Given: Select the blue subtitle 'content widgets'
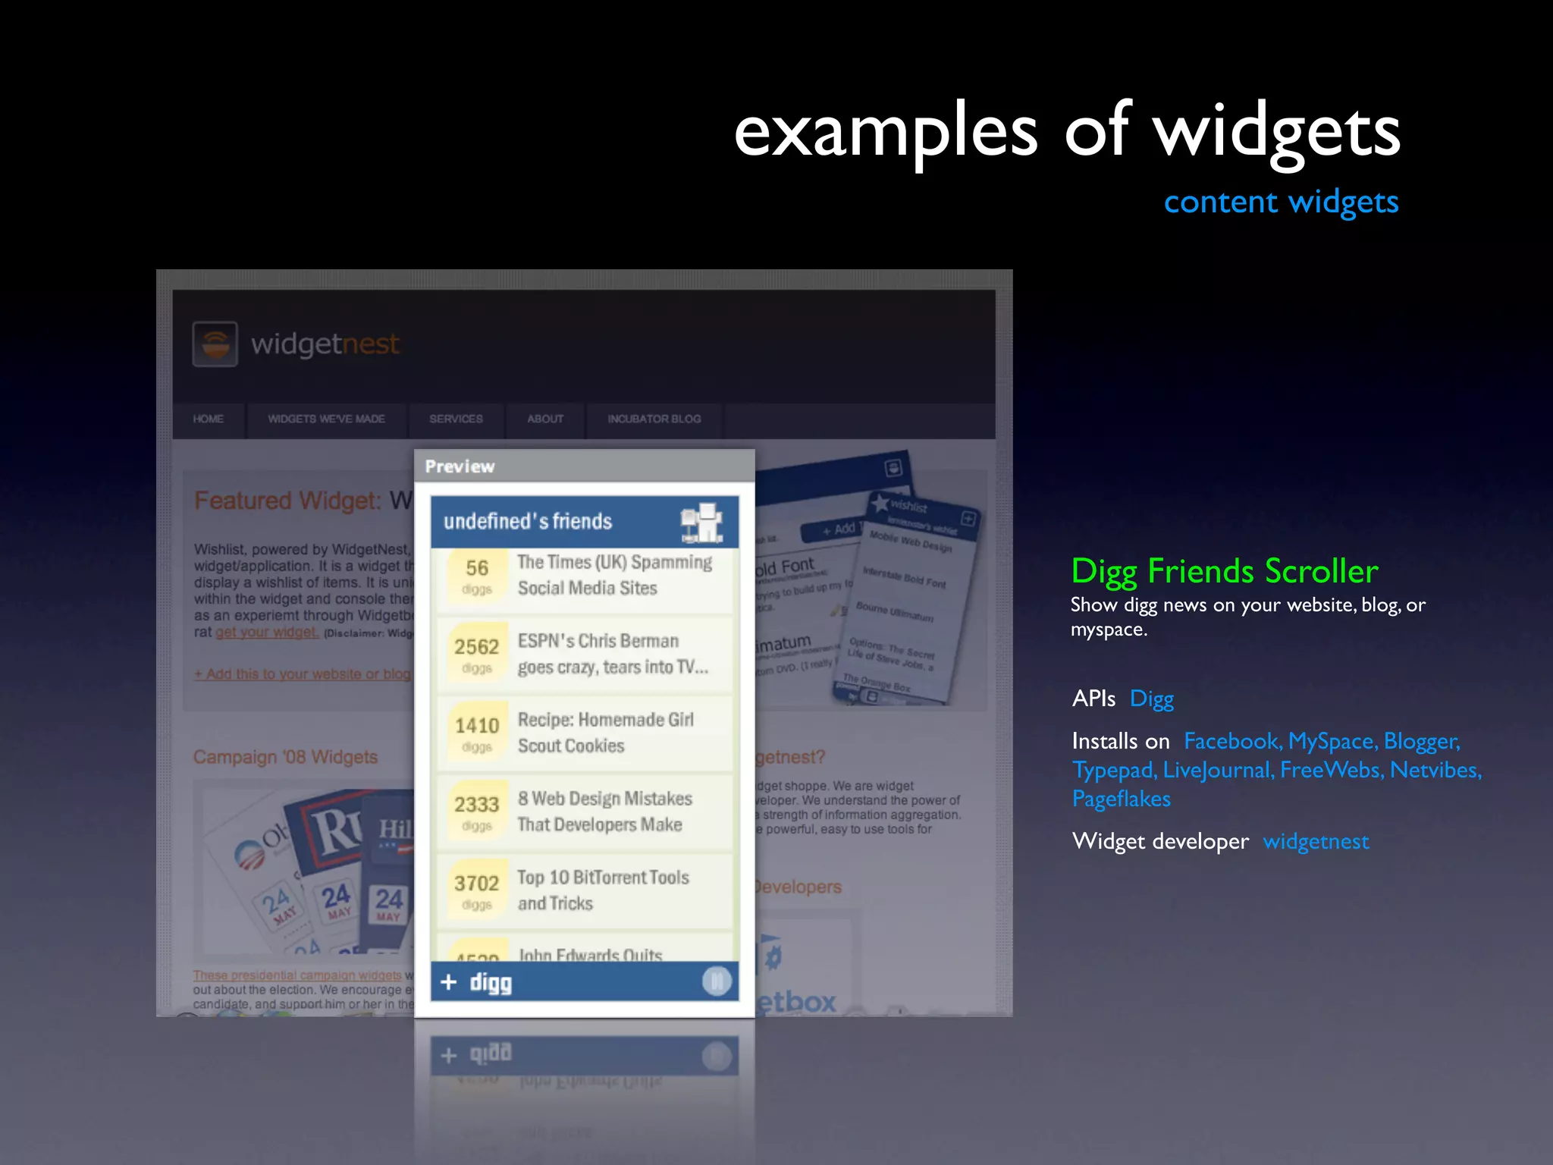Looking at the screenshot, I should (1281, 202).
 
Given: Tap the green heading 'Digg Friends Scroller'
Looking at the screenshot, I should (1224, 571).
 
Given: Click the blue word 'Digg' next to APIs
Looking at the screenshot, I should (1151, 699).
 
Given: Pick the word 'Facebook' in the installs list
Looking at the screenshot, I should (1231, 741).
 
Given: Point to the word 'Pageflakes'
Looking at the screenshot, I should (1121, 799).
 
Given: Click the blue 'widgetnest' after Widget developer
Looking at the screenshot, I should (1316, 841).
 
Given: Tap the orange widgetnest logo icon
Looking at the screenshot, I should (215, 344).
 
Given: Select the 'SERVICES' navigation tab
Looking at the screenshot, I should (456, 419).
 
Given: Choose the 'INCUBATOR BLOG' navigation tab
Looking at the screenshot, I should (654, 419).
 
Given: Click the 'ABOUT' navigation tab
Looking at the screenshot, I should (545, 419).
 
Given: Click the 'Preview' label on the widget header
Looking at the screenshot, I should (460, 466).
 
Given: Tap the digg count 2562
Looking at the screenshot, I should (476, 647).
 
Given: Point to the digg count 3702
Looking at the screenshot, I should (476, 884).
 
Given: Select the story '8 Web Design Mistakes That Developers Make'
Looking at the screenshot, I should (604, 812).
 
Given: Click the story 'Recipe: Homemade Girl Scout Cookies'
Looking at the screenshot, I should (604, 733).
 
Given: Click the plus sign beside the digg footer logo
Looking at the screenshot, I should (449, 982).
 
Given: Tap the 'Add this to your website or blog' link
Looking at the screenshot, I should (303, 674).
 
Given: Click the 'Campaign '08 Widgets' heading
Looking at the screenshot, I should (285, 757).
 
